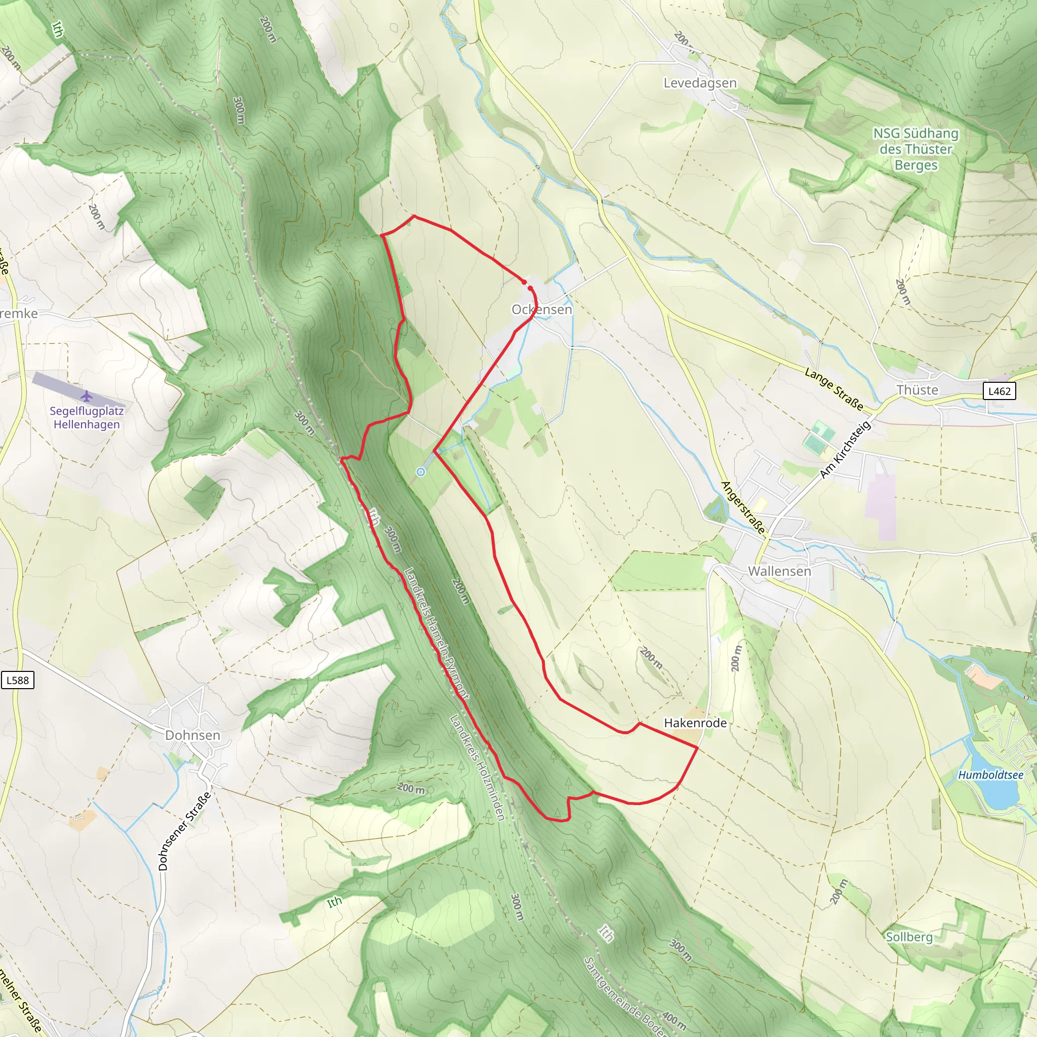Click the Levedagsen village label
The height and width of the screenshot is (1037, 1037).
coord(700,83)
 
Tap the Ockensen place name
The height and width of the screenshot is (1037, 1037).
coord(542,310)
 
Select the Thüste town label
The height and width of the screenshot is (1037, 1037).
coord(918,390)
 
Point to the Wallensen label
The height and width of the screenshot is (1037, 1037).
coord(779,571)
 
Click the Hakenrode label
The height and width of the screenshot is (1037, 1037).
coord(695,723)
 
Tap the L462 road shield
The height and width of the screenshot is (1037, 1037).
coord(1000,391)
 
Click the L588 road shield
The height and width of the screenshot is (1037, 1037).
coord(18,680)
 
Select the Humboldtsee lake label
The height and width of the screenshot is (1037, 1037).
coord(990,775)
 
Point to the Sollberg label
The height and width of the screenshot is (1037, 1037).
coord(909,937)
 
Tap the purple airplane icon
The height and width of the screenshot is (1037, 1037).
coord(87,396)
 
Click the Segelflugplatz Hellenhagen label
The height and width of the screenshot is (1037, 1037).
coord(87,418)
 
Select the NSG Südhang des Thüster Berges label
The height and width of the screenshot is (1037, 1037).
coord(915,149)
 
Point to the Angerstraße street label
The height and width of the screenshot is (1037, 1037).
coord(743,508)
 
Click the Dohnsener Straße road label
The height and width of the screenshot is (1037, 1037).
coord(185,831)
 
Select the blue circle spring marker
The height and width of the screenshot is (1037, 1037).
coord(421,472)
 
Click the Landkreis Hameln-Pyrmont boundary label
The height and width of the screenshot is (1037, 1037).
coord(436,633)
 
